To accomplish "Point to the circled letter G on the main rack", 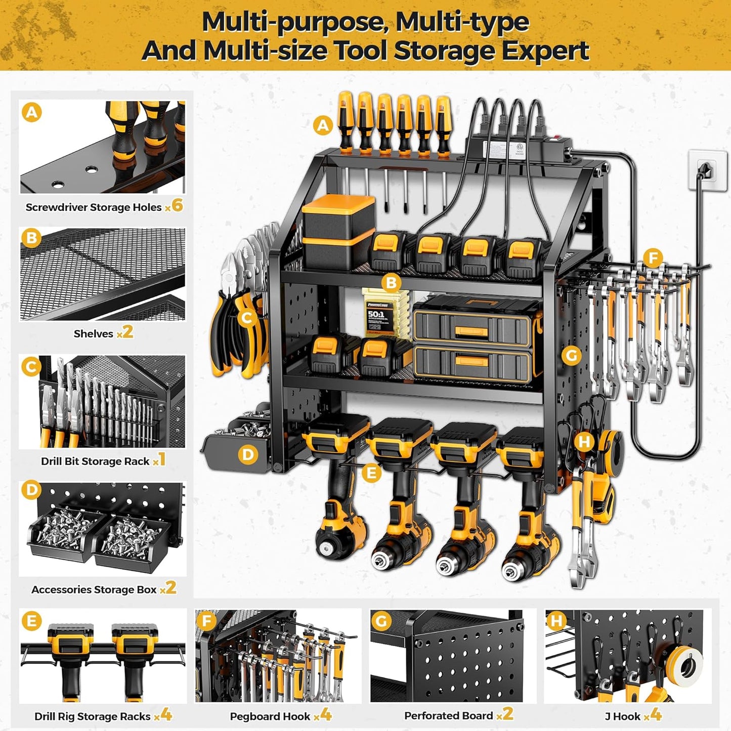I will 572,356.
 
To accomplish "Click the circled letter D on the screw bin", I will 247,455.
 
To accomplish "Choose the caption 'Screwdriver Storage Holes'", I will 94,207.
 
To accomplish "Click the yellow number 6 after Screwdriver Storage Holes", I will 177,205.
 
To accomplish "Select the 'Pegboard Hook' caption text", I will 270,716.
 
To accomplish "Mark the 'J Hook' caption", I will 623,716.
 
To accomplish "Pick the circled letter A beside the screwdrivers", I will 323,125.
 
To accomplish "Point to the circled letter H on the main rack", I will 584,442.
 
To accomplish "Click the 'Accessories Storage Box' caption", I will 94,590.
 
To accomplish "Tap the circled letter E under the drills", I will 371,474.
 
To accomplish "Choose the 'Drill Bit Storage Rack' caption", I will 95,461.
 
